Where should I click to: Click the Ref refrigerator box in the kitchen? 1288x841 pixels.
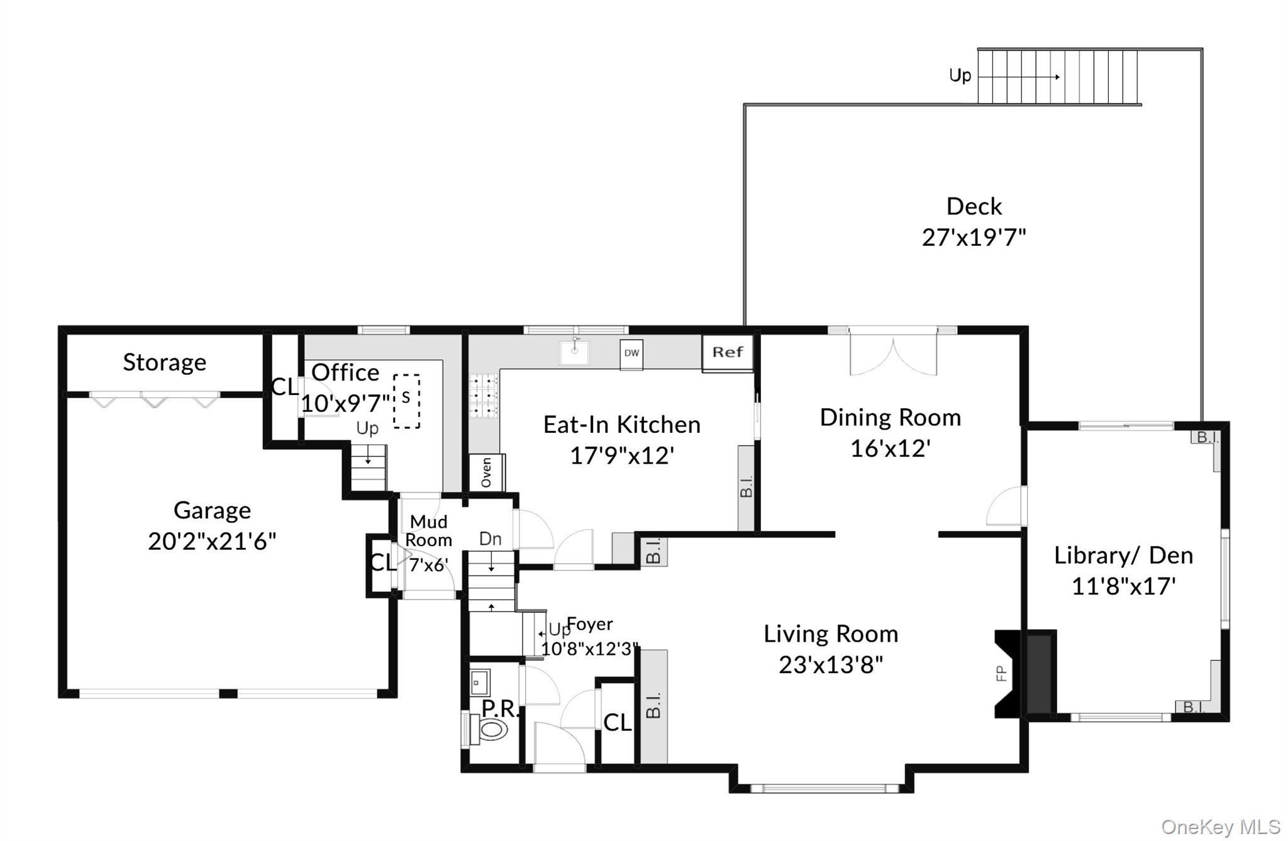point(728,353)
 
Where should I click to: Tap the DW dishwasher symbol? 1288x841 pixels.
point(631,354)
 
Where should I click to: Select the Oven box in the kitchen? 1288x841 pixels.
point(487,472)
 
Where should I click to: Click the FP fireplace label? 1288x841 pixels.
point(1002,674)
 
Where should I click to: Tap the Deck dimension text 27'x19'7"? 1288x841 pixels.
point(974,238)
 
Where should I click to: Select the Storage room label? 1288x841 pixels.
point(164,362)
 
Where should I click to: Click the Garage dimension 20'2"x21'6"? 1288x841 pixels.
point(212,541)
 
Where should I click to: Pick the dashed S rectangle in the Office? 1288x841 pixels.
point(406,401)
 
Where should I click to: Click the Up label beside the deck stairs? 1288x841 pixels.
point(960,76)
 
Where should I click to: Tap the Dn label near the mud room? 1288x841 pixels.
point(491,538)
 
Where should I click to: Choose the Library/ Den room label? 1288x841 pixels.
point(1123,555)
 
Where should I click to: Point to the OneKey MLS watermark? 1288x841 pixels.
point(1221,827)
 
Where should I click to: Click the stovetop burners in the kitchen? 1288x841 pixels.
point(483,396)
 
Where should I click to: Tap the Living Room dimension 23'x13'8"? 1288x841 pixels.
point(831,664)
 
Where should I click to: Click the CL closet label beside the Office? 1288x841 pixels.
point(285,387)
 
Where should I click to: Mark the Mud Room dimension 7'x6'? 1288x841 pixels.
point(428,565)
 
